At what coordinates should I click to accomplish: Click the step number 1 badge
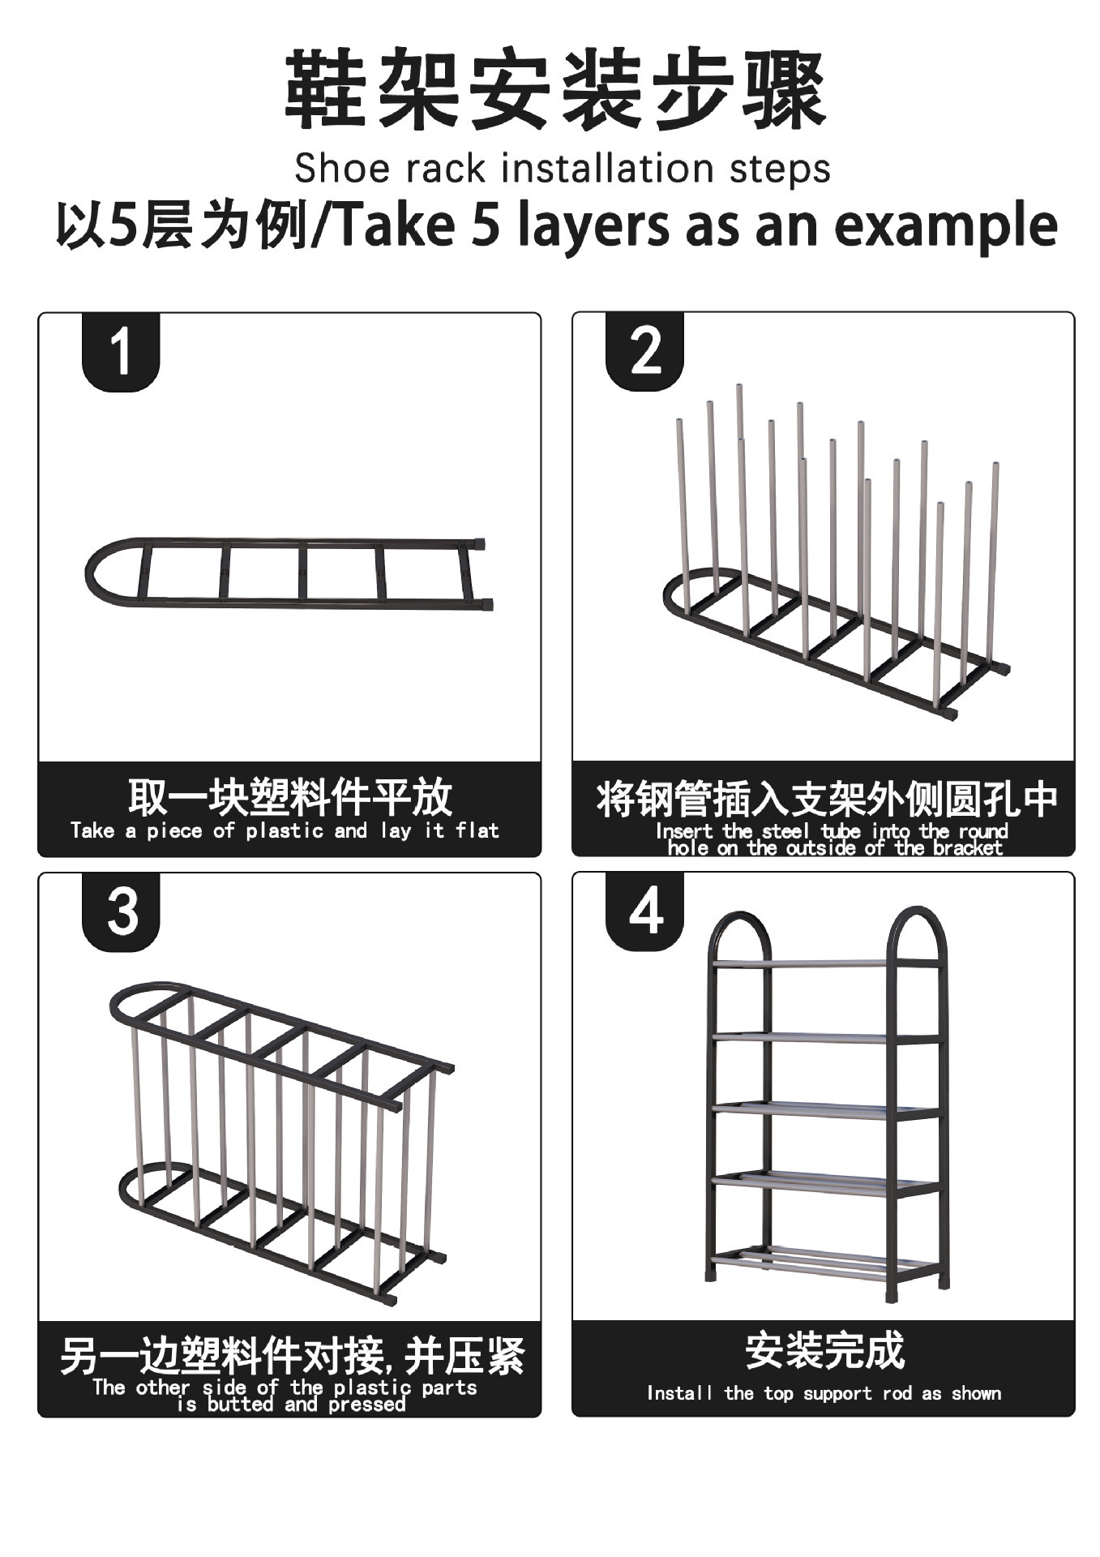coord(121,352)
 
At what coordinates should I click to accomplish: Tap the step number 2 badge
coord(645,352)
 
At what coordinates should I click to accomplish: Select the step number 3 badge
coord(121,911)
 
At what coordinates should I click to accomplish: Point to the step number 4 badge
coord(645,911)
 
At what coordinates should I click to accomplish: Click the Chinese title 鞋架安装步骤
coord(554,89)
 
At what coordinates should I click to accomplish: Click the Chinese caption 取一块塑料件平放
coord(289,796)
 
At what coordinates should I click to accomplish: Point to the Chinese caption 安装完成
coord(824,1351)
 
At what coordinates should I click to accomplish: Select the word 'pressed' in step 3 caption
coord(366,1405)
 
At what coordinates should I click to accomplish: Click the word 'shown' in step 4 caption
coord(976,1393)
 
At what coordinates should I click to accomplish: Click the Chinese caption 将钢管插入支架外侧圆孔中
coord(825,798)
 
